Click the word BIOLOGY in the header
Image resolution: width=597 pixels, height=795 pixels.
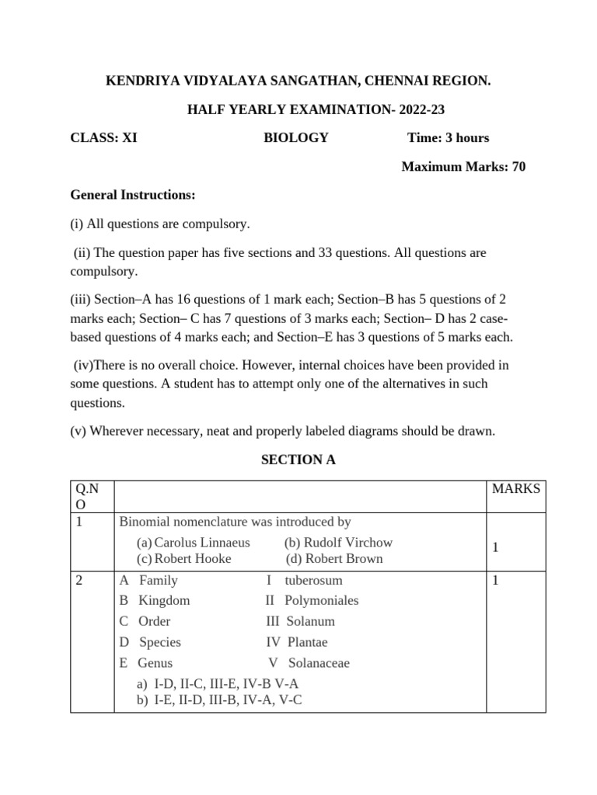tap(295, 138)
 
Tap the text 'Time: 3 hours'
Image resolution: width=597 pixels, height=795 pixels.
tap(448, 138)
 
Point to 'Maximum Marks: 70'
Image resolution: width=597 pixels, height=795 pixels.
tap(463, 167)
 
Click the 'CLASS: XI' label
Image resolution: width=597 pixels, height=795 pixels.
tap(103, 138)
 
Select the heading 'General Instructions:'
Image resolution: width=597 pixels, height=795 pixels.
tap(133, 195)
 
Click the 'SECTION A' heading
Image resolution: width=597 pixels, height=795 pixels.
tap(298, 460)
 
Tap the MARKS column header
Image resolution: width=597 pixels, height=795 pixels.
tap(516, 489)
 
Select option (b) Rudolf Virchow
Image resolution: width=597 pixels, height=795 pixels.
tap(338, 543)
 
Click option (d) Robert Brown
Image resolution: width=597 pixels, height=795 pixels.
tap(334, 559)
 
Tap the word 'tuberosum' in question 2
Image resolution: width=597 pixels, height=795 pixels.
tap(313, 580)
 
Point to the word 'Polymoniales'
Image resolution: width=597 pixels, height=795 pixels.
tap(321, 600)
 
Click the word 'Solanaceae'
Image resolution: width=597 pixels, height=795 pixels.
tap(319, 663)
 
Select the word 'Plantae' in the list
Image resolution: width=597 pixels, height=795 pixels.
tap(307, 642)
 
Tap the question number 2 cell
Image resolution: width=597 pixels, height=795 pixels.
tap(80, 580)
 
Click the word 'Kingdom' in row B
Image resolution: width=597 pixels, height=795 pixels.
tap(164, 600)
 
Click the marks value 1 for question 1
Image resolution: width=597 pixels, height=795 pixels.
tap(495, 549)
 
